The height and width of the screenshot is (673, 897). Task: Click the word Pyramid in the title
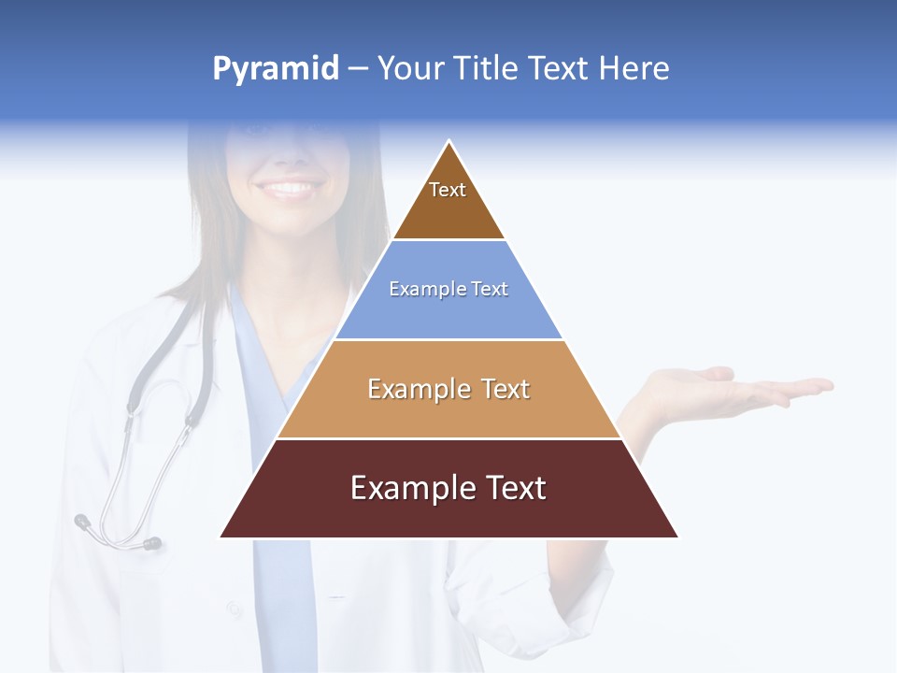(275, 69)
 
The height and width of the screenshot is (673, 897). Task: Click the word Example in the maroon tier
(408, 488)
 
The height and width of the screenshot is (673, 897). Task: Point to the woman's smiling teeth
(288, 188)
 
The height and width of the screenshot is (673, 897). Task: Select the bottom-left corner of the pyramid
(221, 537)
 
